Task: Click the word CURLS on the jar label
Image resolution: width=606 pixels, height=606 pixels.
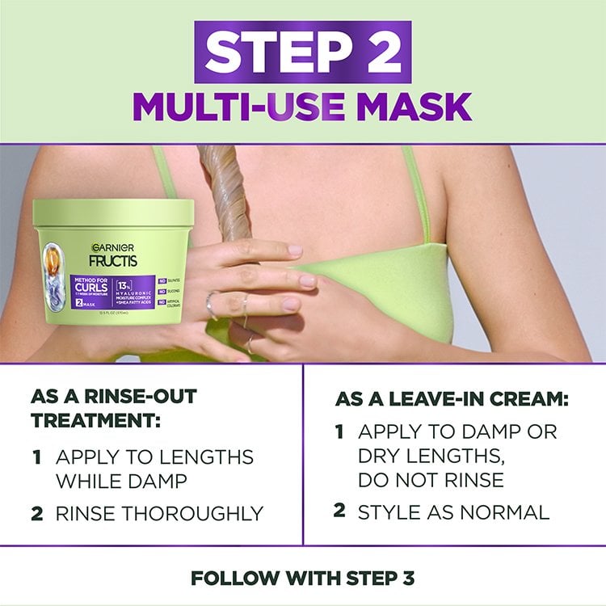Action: pos(91,289)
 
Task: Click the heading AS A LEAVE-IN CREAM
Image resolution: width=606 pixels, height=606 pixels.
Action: pos(452,400)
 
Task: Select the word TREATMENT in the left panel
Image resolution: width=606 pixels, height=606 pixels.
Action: pos(93,421)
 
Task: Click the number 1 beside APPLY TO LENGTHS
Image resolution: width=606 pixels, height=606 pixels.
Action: pos(37,457)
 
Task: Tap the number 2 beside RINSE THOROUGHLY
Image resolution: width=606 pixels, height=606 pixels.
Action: pos(37,513)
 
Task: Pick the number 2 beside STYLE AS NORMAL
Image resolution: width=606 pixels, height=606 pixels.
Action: pos(340,511)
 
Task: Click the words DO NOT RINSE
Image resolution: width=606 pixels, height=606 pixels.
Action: pos(431,479)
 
